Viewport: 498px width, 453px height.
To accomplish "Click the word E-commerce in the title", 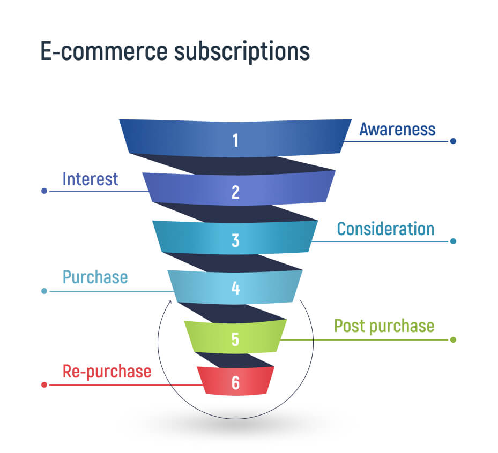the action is pyautogui.click(x=104, y=51).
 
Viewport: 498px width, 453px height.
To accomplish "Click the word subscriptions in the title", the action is pyautogui.click(x=242, y=52).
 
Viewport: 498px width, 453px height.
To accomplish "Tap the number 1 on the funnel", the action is pyautogui.click(x=235, y=140).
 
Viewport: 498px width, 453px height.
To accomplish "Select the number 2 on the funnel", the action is pyautogui.click(x=235, y=192).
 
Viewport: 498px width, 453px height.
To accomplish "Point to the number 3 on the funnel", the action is pyautogui.click(x=235, y=240).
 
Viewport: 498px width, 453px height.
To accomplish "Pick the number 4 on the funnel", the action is pyautogui.click(x=235, y=288).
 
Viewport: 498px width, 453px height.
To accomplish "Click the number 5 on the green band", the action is pyautogui.click(x=235, y=339).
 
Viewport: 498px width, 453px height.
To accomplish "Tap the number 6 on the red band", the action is pyautogui.click(x=235, y=382).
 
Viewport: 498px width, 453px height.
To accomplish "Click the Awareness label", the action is pyautogui.click(x=397, y=130).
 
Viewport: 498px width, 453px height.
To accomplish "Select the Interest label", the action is pyautogui.click(x=90, y=179).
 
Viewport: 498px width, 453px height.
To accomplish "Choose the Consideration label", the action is pyautogui.click(x=385, y=229).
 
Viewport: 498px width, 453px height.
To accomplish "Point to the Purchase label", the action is pyautogui.click(x=95, y=277).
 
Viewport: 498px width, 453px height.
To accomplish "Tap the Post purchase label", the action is pyautogui.click(x=384, y=326).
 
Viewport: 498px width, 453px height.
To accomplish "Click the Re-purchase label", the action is pyautogui.click(x=107, y=372).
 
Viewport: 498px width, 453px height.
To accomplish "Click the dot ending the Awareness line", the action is pyautogui.click(x=453, y=141).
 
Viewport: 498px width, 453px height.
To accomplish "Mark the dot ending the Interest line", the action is pyautogui.click(x=44, y=191).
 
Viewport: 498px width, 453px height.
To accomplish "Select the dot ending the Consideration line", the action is pyautogui.click(x=453, y=241).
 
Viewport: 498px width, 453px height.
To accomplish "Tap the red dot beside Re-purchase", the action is pyautogui.click(x=44, y=385).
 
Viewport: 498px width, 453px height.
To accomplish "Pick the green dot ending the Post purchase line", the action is pyautogui.click(x=453, y=339).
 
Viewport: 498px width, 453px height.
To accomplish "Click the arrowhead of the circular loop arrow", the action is pyautogui.click(x=170, y=301).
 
